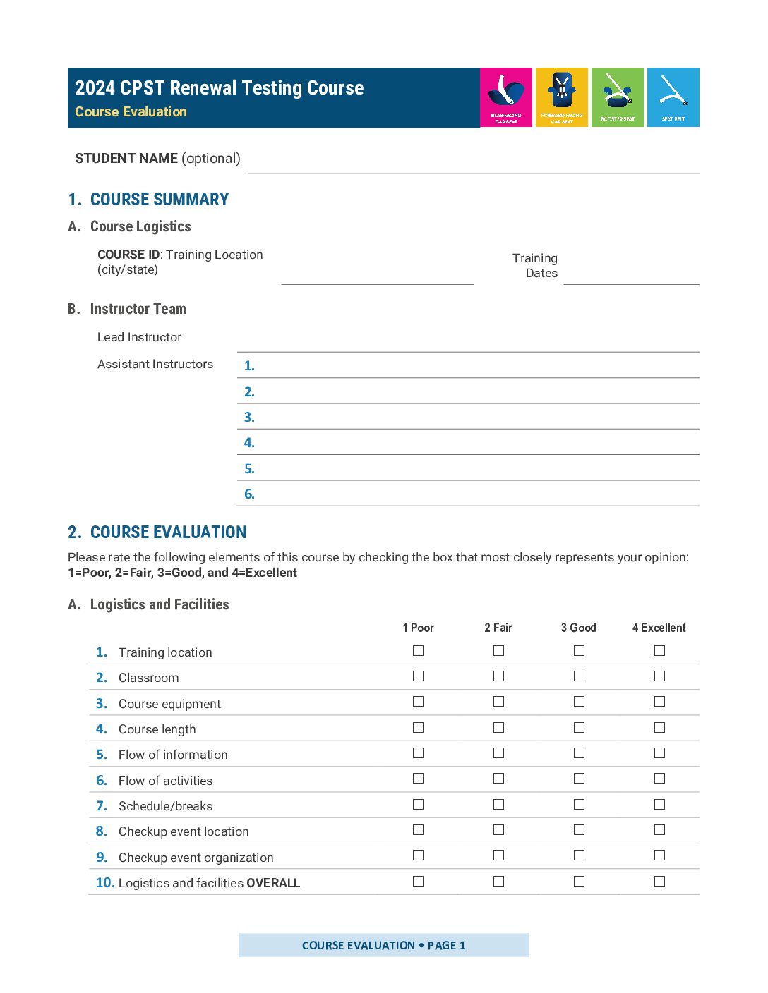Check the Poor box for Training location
click(x=418, y=650)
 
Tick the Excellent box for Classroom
click(x=659, y=676)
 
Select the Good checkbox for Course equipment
click(x=579, y=702)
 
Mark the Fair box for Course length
click(x=498, y=727)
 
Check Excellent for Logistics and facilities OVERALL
click(x=659, y=881)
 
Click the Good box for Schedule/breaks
click(x=579, y=804)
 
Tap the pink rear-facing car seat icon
click(x=506, y=97)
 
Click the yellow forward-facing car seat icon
click(x=562, y=97)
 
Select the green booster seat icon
click(x=618, y=97)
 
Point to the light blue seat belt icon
click(x=673, y=97)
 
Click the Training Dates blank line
click(x=631, y=276)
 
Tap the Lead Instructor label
click(x=139, y=337)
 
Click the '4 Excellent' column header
click(x=659, y=628)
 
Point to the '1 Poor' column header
click(x=418, y=628)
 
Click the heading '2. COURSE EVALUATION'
click(x=157, y=532)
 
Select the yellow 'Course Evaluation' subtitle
click(x=131, y=112)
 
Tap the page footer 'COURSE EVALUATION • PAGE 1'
click(x=383, y=945)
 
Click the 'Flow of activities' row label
click(x=165, y=781)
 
